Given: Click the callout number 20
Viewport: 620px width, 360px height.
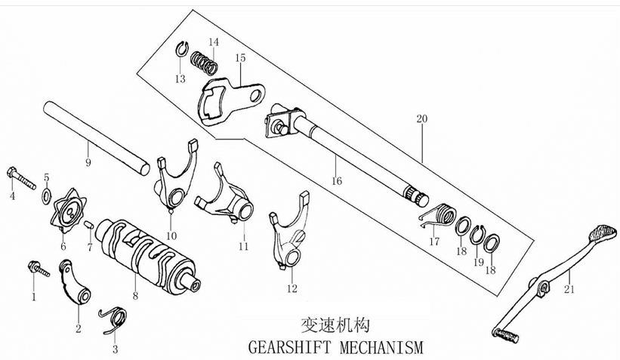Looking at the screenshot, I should [421, 119].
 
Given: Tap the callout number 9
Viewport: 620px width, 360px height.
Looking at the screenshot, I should [88, 162].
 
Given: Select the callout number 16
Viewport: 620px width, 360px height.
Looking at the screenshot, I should [336, 180].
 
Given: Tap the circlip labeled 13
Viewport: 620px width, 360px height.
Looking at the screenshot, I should [180, 50].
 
